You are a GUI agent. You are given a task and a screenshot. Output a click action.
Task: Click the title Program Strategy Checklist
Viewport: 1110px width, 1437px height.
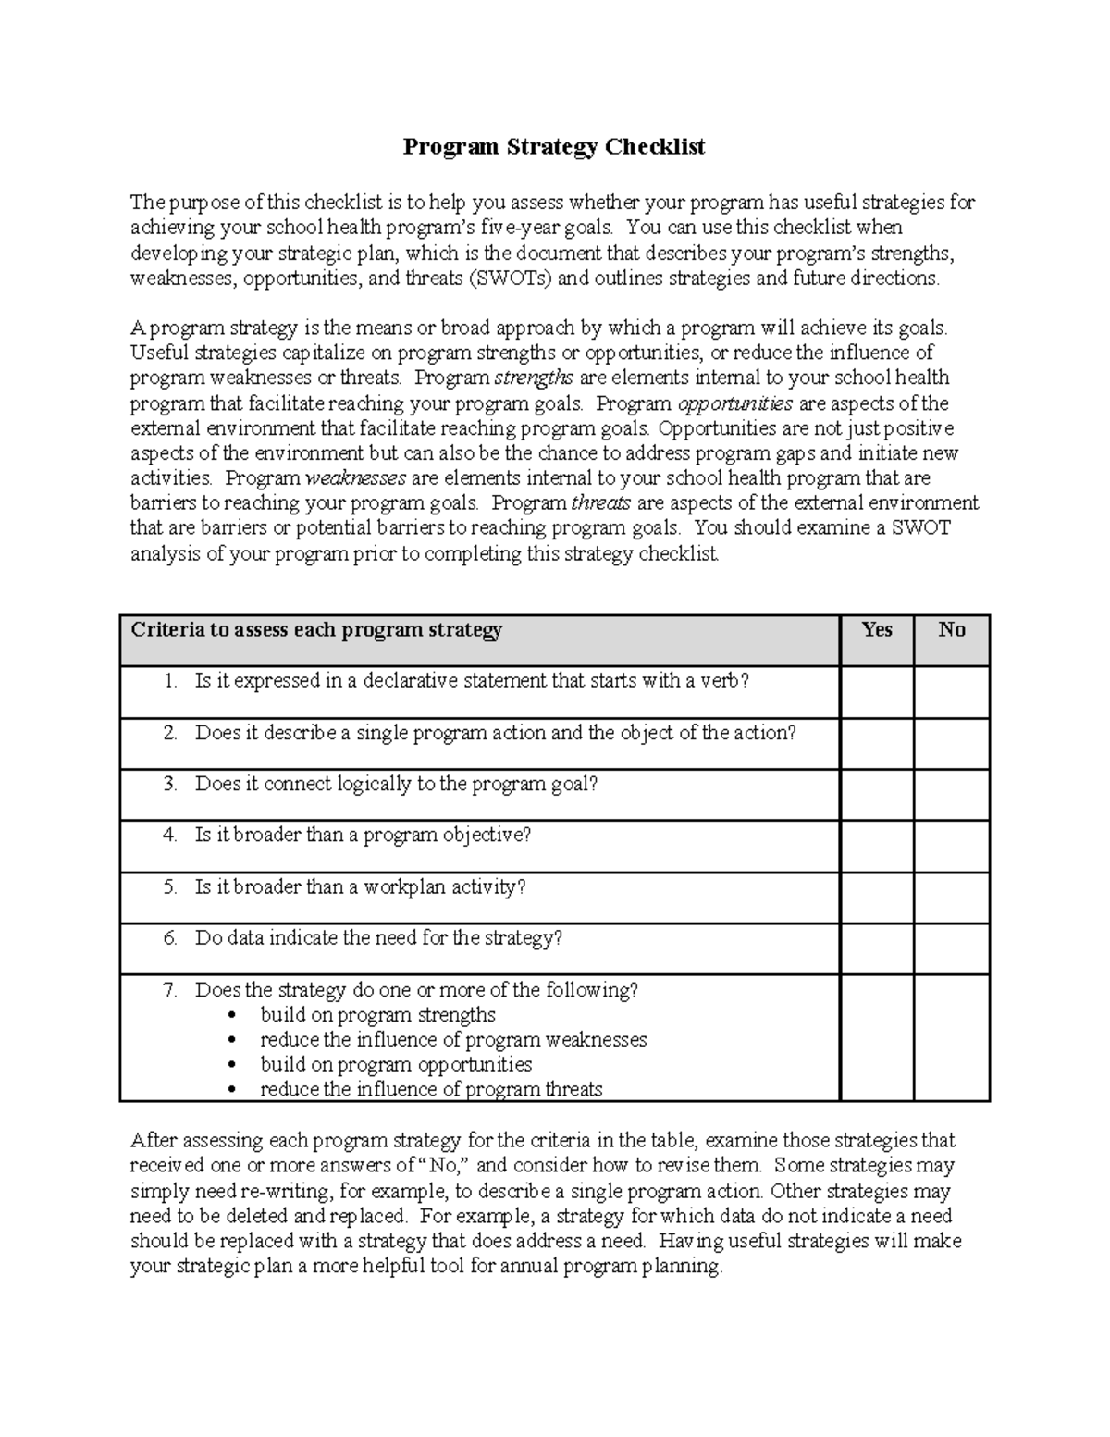click(x=553, y=147)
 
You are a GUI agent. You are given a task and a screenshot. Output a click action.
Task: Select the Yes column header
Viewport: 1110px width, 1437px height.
click(x=876, y=630)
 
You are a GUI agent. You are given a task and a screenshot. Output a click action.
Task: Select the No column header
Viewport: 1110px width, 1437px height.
click(x=951, y=630)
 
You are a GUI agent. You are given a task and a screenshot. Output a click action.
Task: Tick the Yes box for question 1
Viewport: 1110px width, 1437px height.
click(x=876, y=691)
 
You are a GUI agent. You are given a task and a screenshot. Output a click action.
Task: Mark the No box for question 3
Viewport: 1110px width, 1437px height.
click(x=951, y=794)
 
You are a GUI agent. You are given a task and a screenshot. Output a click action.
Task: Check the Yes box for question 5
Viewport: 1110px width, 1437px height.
click(x=876, y=897)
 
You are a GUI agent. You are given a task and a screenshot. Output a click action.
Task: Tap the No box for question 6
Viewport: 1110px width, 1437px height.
click(x=951, y=948)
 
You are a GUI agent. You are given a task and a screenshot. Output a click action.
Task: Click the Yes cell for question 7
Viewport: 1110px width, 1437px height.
click(x=876, y=1037)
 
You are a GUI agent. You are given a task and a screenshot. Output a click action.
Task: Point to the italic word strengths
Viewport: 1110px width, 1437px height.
click(x=535, y=378)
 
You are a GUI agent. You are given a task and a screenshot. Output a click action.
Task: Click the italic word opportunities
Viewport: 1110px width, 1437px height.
click(x=735, y=403)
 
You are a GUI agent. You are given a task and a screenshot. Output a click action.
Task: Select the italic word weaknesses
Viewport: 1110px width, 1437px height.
click(x=355, y=478)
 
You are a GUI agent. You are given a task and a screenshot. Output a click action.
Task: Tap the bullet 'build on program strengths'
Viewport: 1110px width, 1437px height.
click(x=377, y=1015)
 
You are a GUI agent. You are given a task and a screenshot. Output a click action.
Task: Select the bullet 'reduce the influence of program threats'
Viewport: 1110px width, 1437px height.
click(x=431, y=1090)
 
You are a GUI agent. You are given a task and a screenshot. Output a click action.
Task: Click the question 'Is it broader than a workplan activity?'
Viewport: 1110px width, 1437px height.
click(x=360, y=887)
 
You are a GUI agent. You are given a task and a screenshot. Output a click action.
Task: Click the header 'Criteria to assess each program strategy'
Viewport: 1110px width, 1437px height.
click(x=316, y=630)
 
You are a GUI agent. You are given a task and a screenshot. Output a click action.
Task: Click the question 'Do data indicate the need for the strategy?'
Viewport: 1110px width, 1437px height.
click(x=378, y=938)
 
